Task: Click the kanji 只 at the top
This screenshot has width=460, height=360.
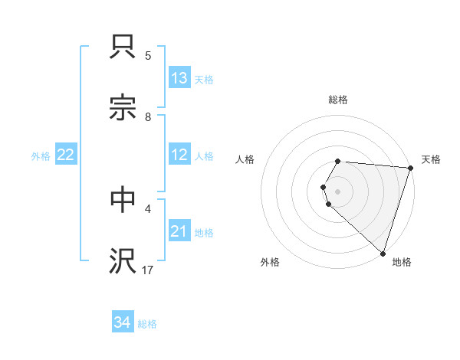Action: (123, 47)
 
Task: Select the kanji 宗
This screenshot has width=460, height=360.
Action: (123, 109)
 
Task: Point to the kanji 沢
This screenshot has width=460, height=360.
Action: (123, 260)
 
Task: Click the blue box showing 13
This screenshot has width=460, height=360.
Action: (179, 77)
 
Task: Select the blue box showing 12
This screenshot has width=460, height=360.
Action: (179, 155)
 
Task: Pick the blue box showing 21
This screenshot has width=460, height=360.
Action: (179, 231)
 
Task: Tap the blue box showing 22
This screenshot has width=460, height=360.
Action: (66, 155)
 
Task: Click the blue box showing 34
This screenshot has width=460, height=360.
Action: (123, 322)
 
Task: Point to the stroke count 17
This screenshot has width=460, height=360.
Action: (148, 270)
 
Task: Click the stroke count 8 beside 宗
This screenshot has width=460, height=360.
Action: (148, 117)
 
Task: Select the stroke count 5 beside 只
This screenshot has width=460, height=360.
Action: (148, 56)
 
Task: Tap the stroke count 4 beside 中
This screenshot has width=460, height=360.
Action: (148, 208)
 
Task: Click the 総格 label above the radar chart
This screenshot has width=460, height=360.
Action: (338, 100)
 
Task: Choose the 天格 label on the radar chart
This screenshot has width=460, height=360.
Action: (432, 159)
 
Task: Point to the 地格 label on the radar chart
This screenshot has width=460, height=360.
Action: (402, 262)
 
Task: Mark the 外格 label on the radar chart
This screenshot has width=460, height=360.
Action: (270, 262)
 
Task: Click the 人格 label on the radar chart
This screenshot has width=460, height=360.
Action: (245, 159)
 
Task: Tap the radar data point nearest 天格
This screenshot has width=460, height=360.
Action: (410, 168)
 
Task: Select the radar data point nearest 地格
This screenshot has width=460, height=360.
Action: (383, 253)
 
